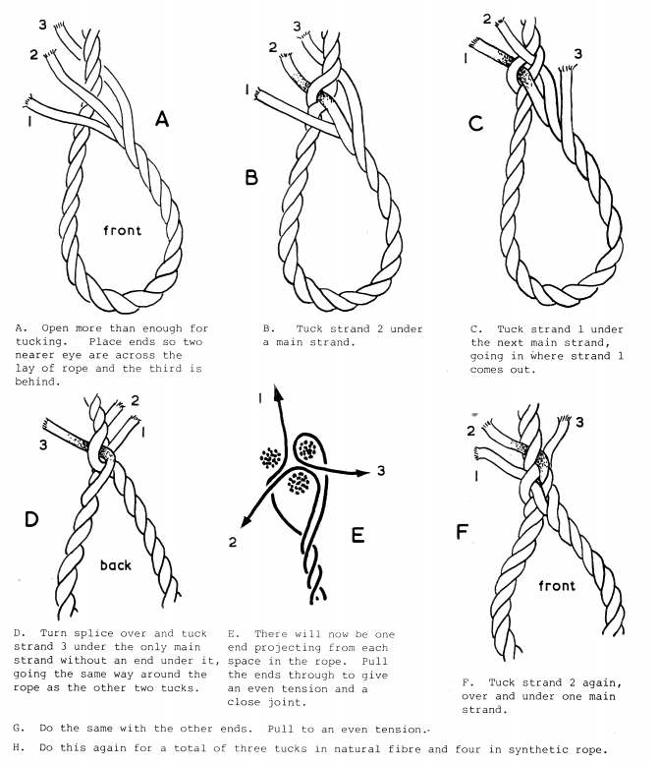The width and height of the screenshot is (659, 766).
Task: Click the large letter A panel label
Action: point(162,120)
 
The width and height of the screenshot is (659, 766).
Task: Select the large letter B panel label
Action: point(251,179)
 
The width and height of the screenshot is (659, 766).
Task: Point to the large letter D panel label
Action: point(32,518)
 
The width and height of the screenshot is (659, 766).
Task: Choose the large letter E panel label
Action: point(357,535)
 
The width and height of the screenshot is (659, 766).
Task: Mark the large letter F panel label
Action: point(464,532)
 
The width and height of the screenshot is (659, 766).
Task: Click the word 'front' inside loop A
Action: point(124,232)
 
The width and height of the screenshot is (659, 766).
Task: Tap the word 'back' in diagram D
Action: point(116,565)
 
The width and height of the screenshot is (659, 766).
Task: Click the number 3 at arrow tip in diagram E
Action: point(380,473)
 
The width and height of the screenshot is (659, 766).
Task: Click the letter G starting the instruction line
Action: point(20,729)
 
